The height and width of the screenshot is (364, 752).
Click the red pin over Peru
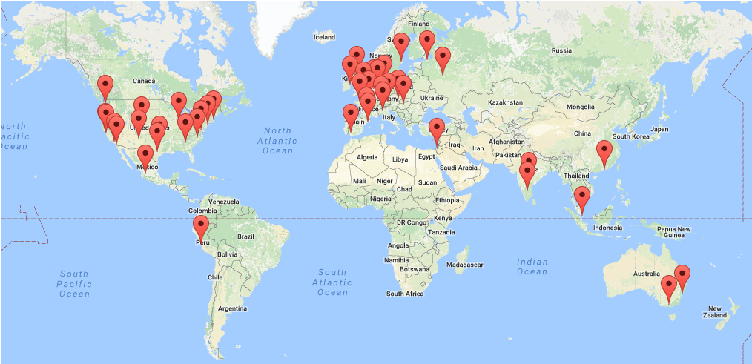click(x=201, y=226)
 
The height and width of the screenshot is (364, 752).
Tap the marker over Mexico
click(x=145, y=156)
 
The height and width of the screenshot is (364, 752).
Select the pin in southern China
click(x=604, y=150)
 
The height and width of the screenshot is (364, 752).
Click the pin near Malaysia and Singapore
click(x=583, y=197)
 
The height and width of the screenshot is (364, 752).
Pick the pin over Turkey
click(x=437, y=128)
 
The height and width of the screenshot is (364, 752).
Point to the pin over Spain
click(x=351, y=115)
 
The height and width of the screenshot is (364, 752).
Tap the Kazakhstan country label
click(x=505, y=102)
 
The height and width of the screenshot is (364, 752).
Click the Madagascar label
click(x=466, y=265)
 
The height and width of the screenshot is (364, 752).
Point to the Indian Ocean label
click(x=532, y=266)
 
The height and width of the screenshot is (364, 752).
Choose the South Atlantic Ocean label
click(x=332, y=282)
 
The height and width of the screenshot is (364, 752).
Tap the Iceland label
click(x=324, y=36)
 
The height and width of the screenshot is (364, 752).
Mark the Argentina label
click(x=232, y=308)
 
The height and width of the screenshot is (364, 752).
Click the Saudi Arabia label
click(x=458, y=168)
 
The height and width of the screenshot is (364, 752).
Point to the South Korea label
click(x=630, y=136)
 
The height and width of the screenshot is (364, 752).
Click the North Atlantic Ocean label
click(x=278, y=141)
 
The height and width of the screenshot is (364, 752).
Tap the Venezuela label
click(x=223, y=202)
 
